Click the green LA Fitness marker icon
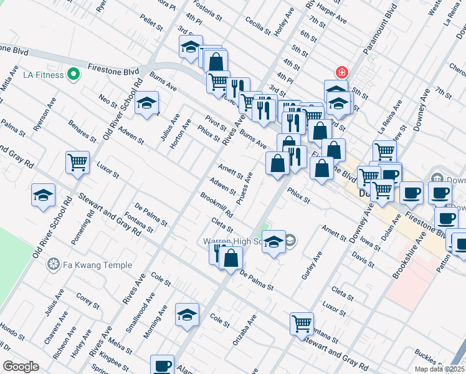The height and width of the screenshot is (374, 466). pyautogui.click(x=74, y=75)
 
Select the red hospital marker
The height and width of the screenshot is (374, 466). pyautogui.click(x=340, y=72)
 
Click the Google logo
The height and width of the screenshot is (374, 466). pyautogui.click(x=21, y=366)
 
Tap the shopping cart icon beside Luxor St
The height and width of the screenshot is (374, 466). pyautogui.click(x=77, y=163)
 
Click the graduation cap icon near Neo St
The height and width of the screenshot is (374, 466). pyautogui.click(x=147, y=103)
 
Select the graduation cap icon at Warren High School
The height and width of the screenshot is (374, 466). pyautogui.click(x=273, y=242)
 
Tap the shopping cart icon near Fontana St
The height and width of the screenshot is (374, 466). pyautogui.click(x=302, y=323)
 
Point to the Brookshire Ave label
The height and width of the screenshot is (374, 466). pyautogui.click(x=408, y=255)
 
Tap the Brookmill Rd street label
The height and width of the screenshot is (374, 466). pyautogui.click(x=216, y=204)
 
